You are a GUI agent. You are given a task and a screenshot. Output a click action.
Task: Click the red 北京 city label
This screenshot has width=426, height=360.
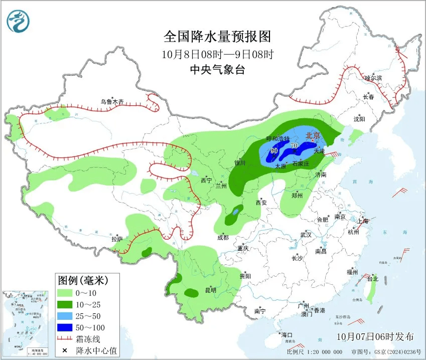313,135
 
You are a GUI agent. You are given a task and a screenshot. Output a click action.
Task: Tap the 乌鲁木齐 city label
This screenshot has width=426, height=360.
111,102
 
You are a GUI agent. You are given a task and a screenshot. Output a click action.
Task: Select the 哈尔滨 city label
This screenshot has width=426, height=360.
373,78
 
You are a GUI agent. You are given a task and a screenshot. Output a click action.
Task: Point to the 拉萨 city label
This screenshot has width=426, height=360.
117,239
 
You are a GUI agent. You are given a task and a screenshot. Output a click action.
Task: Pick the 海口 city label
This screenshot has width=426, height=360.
287,334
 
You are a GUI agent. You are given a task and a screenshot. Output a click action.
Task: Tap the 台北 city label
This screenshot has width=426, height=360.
372,279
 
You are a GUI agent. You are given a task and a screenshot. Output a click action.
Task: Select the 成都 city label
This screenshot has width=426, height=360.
223,238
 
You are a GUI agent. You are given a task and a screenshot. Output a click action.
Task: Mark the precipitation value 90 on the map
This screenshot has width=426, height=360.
274,151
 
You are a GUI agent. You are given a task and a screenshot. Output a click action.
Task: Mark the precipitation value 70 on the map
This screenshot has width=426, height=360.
295,146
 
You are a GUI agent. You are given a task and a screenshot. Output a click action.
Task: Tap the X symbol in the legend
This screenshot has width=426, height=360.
65,350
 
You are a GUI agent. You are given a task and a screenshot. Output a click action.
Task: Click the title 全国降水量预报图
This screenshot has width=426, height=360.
217,37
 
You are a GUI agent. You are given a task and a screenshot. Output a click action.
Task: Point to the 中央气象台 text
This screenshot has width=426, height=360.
217,70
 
